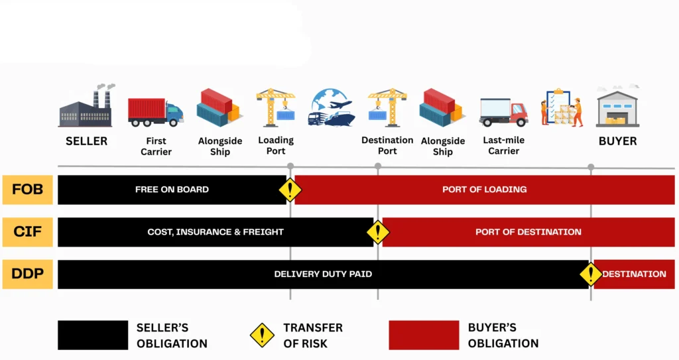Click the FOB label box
pos(27,190)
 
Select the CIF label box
pos(27,232)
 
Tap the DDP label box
pos(27,274)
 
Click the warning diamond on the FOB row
pos(290,190)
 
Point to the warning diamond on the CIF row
pos(378,232)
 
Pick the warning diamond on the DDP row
pos(590,274)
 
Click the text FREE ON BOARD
pos(172,190)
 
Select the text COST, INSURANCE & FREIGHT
pos(216,232)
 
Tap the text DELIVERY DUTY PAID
pos(323,274)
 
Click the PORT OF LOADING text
pos(484,190)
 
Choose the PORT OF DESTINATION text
pos(528,232)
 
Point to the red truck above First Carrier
pos(155,111)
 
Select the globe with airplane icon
pos(332,108)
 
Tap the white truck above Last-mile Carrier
pos(503,111)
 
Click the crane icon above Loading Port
pos(276,107)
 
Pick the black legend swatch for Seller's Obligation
pos(92,335)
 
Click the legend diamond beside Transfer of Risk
pos(262,335)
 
